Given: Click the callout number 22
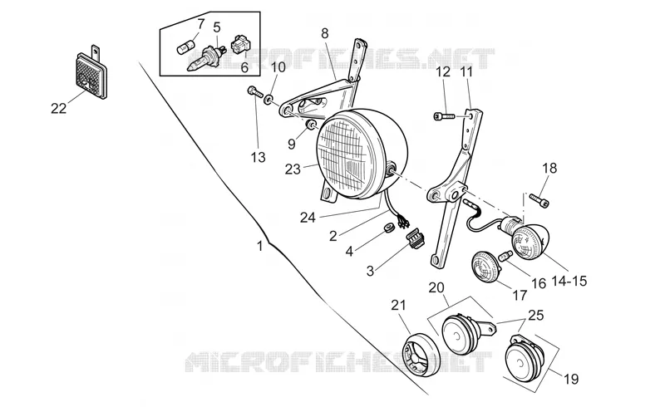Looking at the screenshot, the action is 59,109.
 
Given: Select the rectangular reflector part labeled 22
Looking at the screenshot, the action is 91,73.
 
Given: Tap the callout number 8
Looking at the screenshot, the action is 325,33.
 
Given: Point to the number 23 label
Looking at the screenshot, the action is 293,169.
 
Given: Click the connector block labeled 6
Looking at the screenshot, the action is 241,45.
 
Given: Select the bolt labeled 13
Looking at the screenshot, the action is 254,91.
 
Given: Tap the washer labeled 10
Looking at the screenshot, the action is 268,101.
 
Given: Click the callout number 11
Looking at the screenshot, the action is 466,72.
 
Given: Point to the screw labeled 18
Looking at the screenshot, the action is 539,200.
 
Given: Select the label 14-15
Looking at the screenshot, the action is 569,280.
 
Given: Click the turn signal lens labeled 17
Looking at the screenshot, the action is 485,266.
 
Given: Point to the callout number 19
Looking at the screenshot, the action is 571,379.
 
